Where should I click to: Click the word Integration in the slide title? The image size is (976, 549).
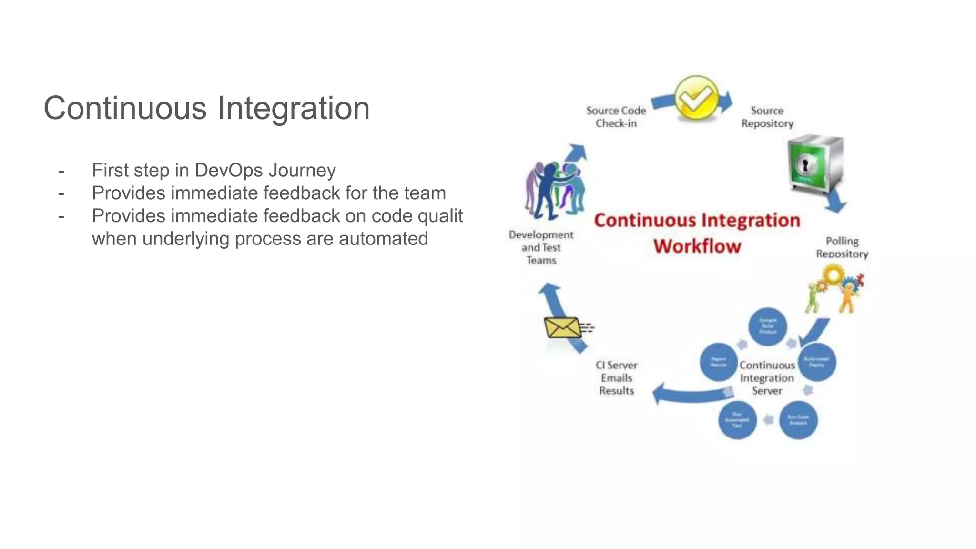tap(294, 109)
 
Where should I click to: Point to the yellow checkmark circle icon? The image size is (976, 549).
tap(696, 98)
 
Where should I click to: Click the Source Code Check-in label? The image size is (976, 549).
tap(616, 117)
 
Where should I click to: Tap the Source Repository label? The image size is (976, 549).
tap(767, 117)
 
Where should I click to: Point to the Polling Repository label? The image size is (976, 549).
tap(842, 247)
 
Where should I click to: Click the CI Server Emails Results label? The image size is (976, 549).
tap(616, 378)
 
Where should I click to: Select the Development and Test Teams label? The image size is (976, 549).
tap(541, 247)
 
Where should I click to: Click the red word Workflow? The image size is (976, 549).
tap(697, 246)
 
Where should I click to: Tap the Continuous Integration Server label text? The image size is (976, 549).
tap(767, 378)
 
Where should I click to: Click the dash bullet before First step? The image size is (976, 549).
tap(61, 171)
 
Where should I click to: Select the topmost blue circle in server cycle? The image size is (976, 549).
tap(767, 326)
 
